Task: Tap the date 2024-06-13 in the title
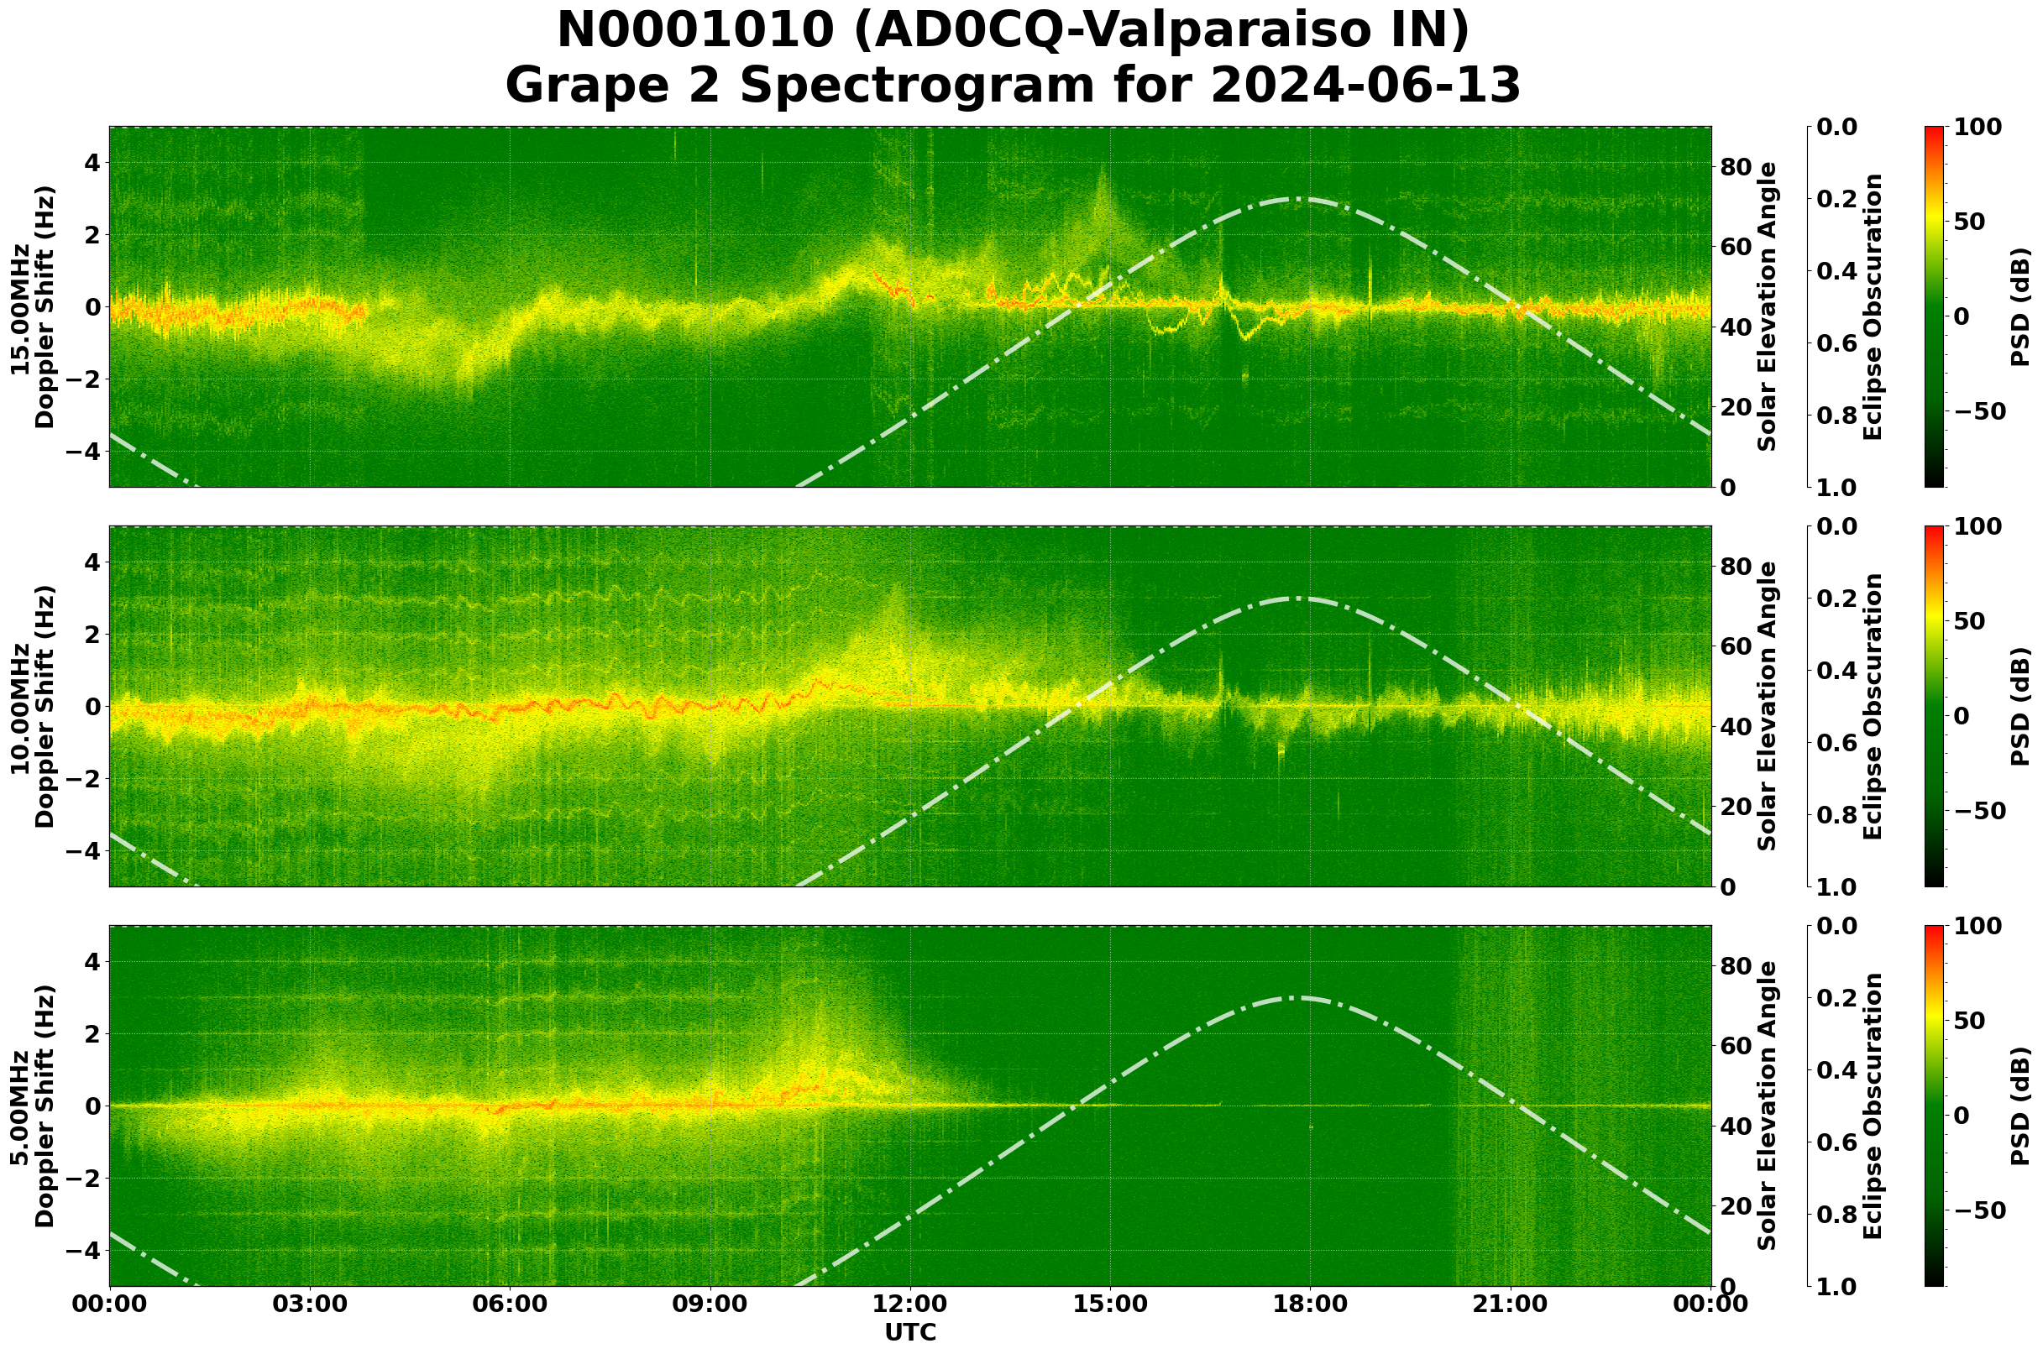1365,87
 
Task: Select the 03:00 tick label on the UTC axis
309,1304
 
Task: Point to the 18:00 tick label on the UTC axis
1310,1304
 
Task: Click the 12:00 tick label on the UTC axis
909,1304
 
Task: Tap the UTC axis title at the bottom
909,1332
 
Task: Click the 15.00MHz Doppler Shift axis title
33,307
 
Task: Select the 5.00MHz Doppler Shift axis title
33,1106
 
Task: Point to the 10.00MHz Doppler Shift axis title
33,706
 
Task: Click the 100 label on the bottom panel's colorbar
1977,927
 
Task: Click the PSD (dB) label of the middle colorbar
2019,706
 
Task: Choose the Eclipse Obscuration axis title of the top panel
1872,307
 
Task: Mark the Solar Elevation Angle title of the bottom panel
1768,1106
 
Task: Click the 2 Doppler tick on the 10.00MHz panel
90,635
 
